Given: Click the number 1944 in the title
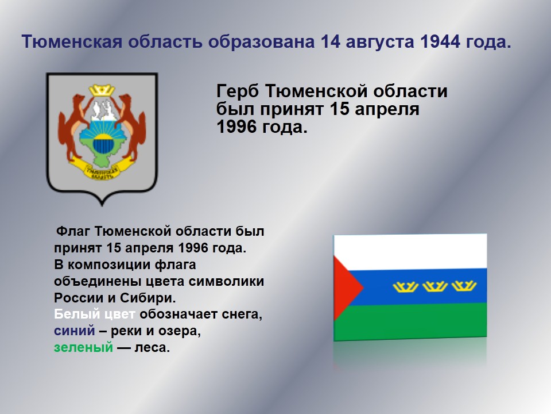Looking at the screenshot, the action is pyautogui.click(x=440, y=41).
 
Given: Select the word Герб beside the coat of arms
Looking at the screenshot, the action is pyautogui.click(x=238, y=91).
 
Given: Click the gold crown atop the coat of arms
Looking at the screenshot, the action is pyautogui.click(x=102, y=90).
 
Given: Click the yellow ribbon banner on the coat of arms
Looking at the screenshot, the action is pyautogui.click(x=102, y=169).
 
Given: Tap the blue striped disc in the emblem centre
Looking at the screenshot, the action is pyautogui.click(x=102, y=144).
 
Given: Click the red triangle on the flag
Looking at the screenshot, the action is pyautogui.click(x=346, y=287).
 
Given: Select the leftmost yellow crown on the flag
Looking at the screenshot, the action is pyautogui.click(x=405, y=286).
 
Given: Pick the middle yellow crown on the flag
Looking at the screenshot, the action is pyautogui.click(x=434, y=286).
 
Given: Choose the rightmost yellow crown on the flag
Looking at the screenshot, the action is pyautogui.click(x=464, y=286).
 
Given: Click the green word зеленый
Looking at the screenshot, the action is pyautogui.click(x=83, y=347).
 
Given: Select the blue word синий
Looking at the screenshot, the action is pyautogui.click(x=75, y=331).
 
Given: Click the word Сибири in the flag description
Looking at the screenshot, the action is pyautogui.click(x=148, y=298).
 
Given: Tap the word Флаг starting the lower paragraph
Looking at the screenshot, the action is pyautogui.click(x=73, y=232).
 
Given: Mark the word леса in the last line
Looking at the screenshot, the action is pyautogui.click(x=152, y=348).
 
